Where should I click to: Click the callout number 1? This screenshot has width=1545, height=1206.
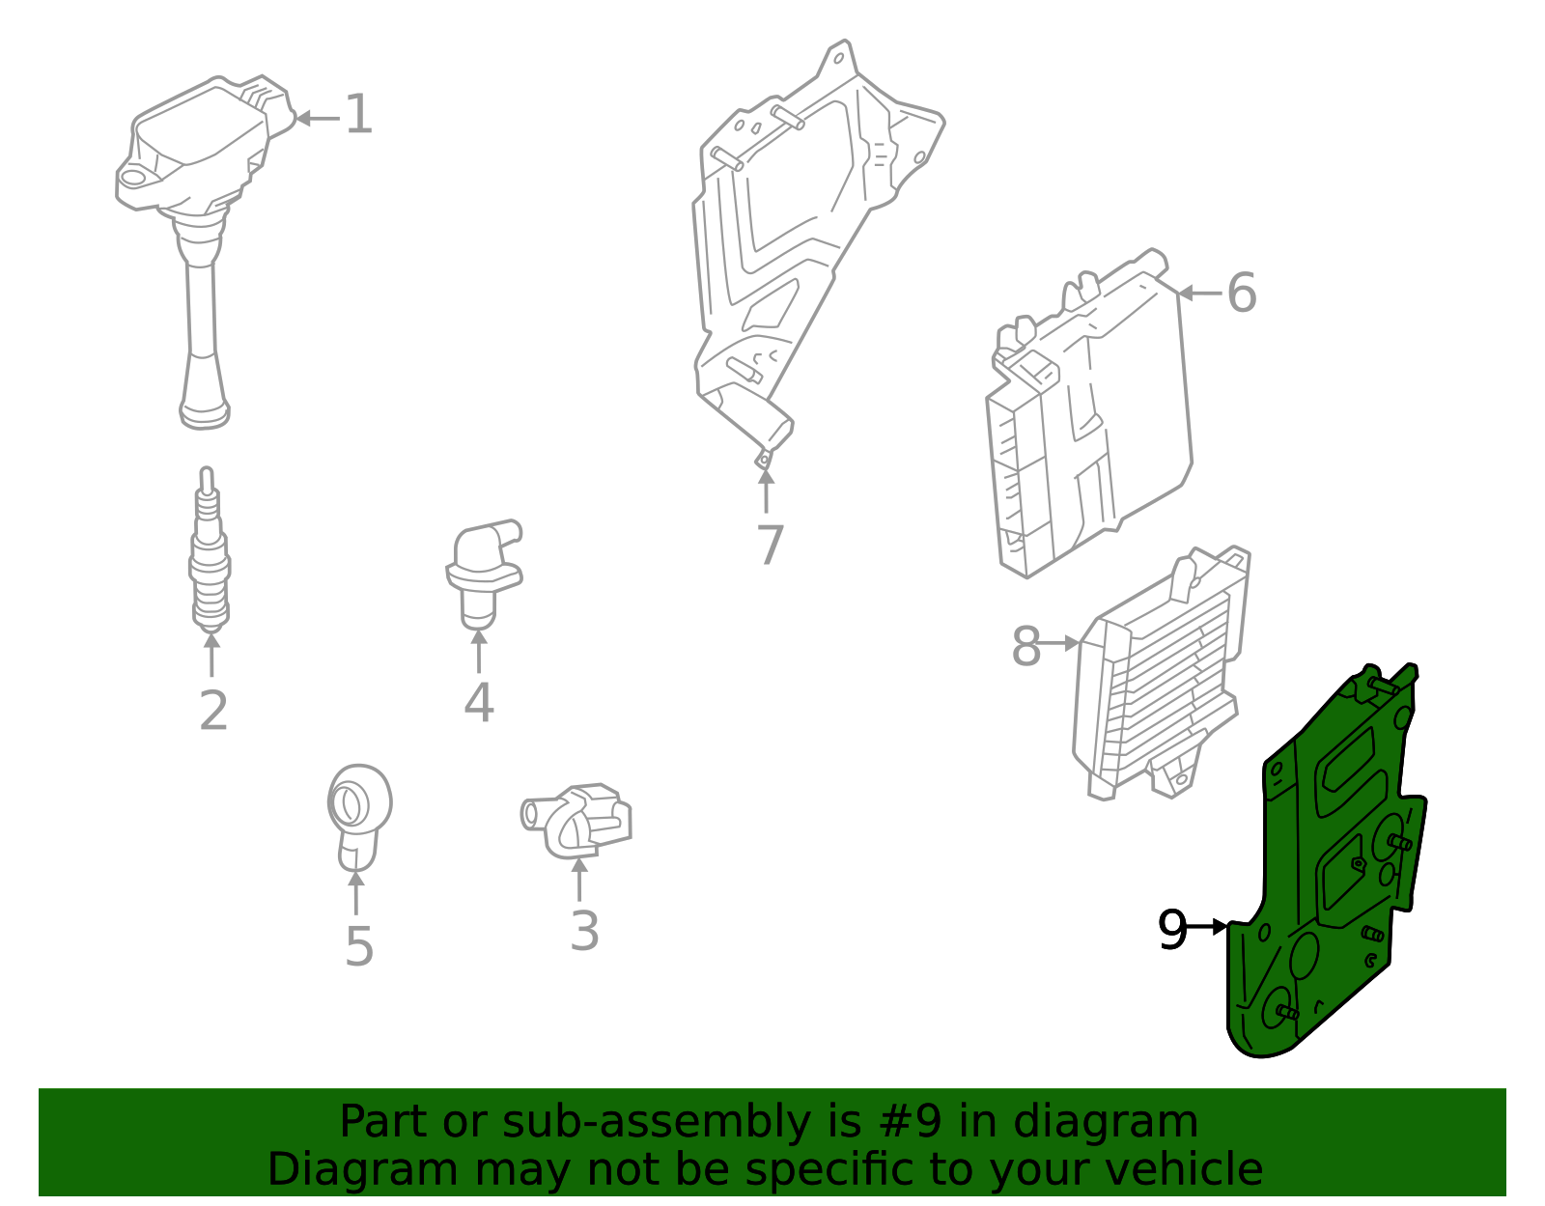click(x=358, y=115)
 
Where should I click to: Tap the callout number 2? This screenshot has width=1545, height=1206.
click(x=213, y=712)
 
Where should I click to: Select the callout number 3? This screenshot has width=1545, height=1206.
click(x=584, y=932)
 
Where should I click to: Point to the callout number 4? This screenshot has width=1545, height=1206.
click(x=479, y=703)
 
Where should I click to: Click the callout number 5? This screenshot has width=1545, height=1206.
click(x=358, y=947)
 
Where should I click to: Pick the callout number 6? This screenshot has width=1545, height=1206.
click(x=1242, y=293)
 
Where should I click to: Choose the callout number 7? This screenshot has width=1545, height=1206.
click(x=770, y=547)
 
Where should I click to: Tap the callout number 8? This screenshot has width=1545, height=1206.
click(x=1025, y=647)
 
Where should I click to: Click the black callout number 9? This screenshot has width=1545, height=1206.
click(x=1172, y=930)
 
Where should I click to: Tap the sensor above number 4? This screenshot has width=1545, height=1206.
click(x=483, y=570)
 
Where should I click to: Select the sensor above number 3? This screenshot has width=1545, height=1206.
click(x=579, y=821)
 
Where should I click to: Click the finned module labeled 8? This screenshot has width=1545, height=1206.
click(x=1159, y=676)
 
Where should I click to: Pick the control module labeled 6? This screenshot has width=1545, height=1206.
click(x=1091, y=415)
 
